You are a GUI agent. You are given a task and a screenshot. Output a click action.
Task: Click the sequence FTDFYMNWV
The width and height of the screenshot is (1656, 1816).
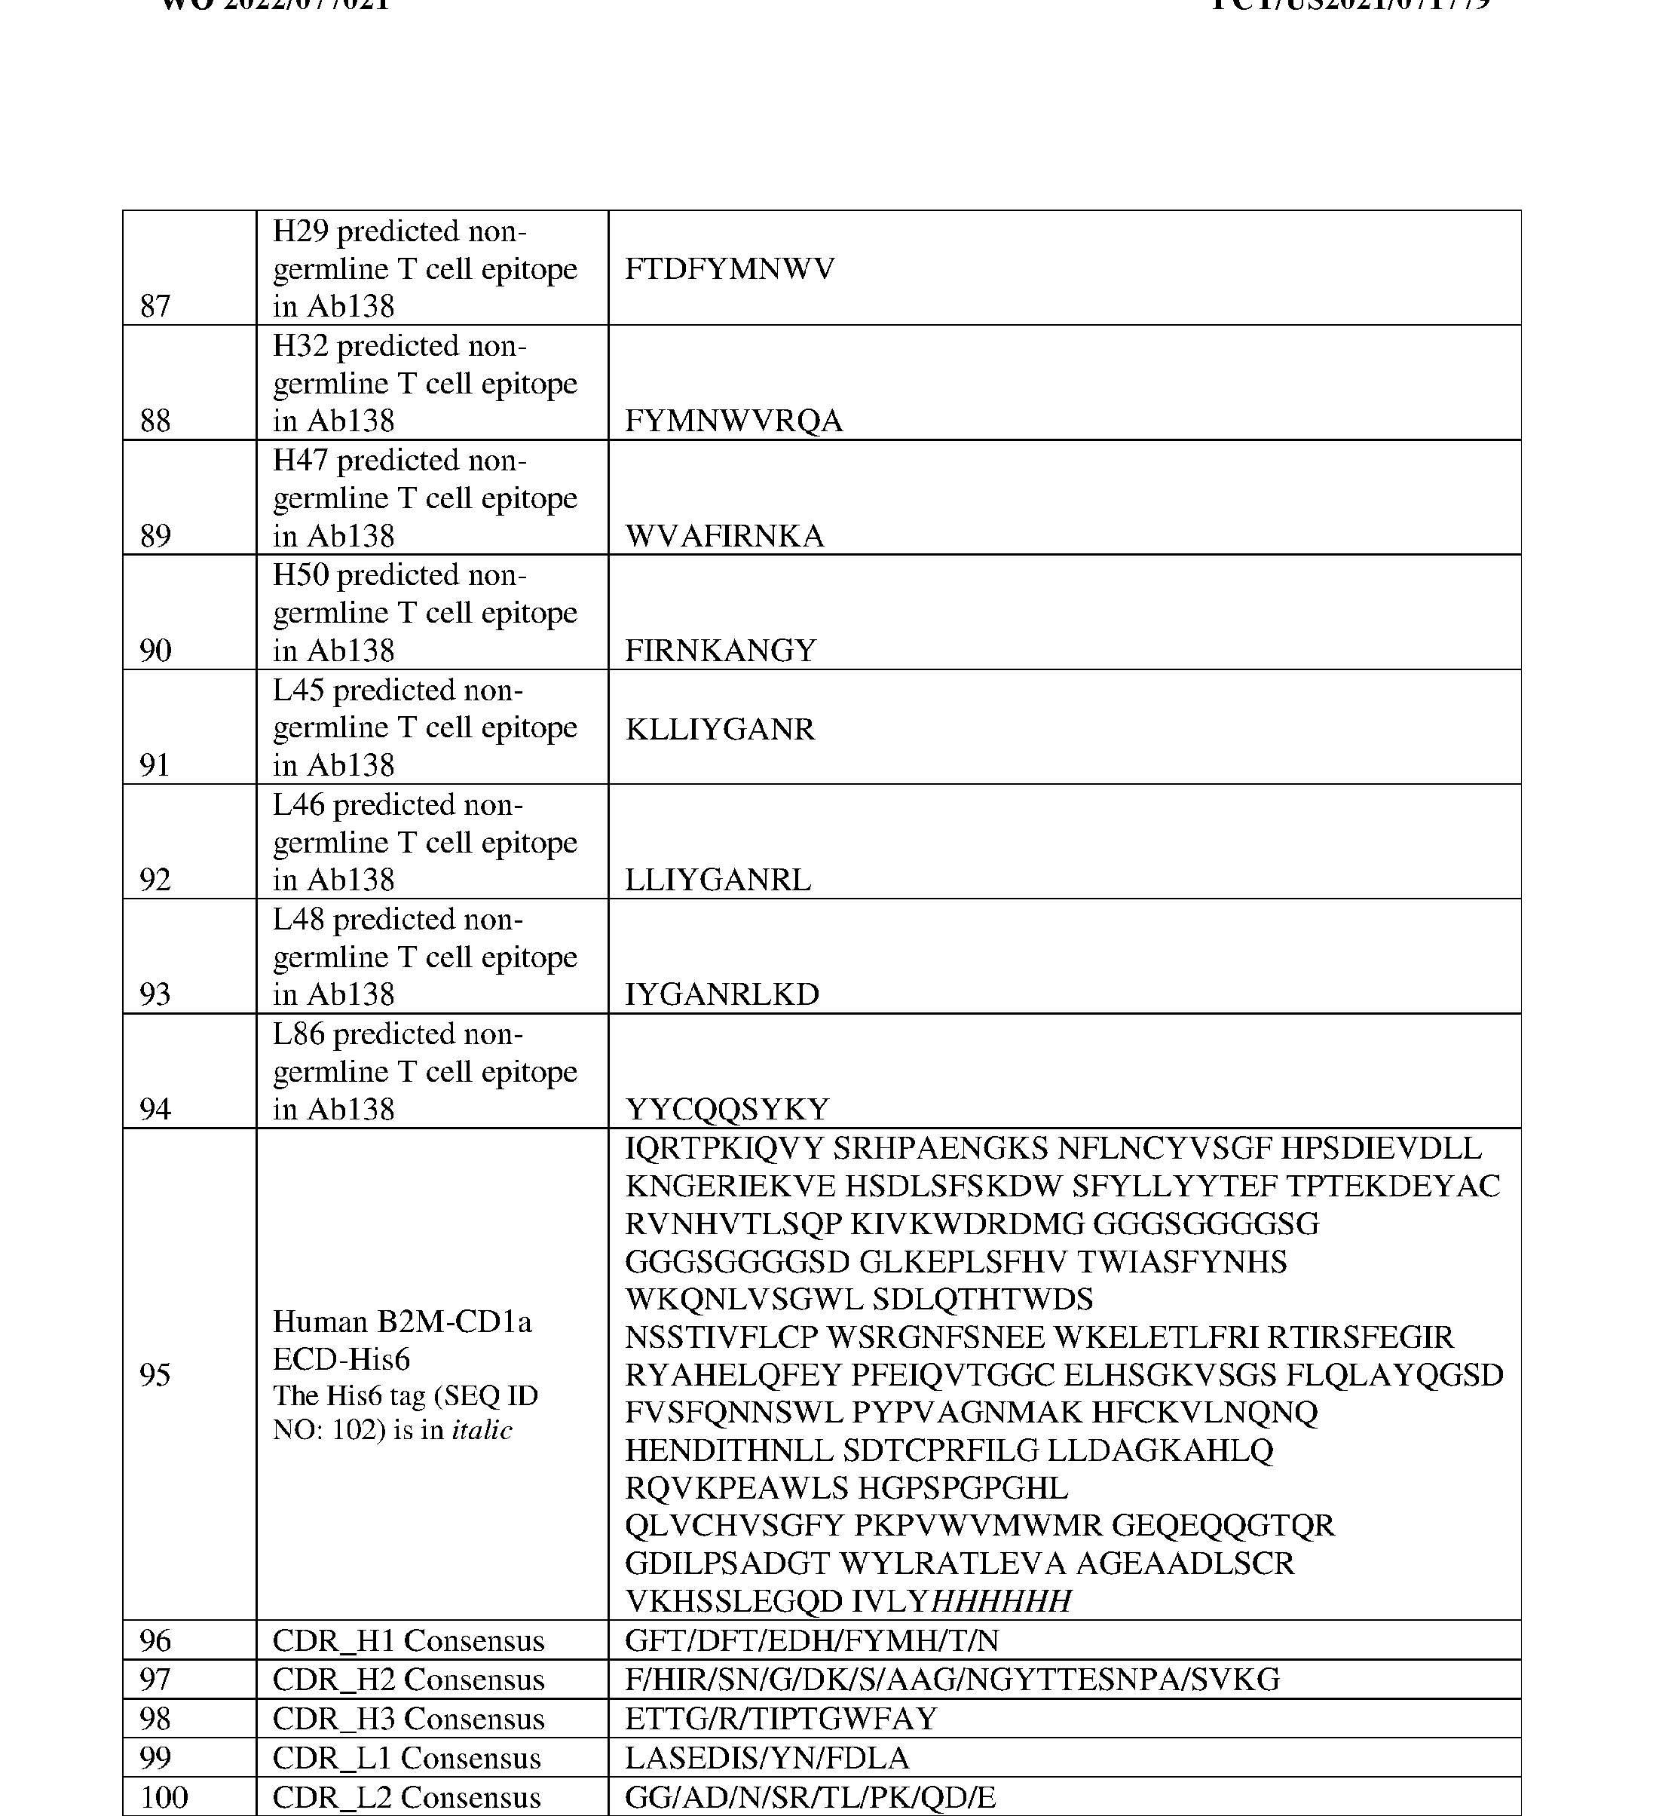[x=730, y=268]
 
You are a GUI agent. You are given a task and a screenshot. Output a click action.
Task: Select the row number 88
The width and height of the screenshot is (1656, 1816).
[x=155, y=421]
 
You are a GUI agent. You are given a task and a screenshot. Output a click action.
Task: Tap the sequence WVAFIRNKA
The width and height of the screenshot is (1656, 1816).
[x=724, y=536]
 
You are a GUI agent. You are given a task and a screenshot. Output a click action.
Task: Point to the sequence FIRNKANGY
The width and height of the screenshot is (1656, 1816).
[x=721, y=651]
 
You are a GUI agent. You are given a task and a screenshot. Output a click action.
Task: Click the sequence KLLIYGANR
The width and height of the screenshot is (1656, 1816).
[x=720, y=729]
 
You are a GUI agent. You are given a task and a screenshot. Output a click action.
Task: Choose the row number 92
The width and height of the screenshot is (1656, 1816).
[x=155, y=879]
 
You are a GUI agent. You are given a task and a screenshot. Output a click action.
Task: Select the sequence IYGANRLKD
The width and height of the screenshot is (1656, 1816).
[x=721, y=994]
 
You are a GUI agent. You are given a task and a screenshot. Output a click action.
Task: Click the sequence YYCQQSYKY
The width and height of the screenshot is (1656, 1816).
[x=727, y=1109]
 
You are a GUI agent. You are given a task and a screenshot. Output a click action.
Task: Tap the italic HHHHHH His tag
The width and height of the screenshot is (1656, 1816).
[x=1001, y=1600]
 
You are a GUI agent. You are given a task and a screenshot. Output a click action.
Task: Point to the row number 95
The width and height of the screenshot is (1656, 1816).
[x=155, y=1374]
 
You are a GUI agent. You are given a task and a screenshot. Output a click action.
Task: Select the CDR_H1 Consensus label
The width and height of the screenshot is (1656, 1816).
[x=408, y=1640]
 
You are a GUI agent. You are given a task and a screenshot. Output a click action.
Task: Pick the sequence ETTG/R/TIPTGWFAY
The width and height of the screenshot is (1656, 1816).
[x=781, y=1719]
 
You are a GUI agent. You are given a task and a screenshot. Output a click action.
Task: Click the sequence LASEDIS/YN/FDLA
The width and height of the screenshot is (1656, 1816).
[x=767, y=1757]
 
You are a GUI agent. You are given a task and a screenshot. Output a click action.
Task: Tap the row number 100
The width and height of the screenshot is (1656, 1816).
[x=163, y=1797]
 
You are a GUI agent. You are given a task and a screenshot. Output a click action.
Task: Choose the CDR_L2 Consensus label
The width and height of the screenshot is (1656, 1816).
[x=406, y=1797]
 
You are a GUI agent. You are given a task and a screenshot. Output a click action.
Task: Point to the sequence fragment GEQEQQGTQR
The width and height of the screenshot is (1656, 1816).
[x=1223, y=1525]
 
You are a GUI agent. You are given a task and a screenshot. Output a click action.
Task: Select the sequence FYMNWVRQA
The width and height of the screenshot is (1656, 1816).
[x=733, y=421]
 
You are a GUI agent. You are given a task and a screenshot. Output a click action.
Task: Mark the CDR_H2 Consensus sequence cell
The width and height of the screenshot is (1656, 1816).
[x=952, y=1679]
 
